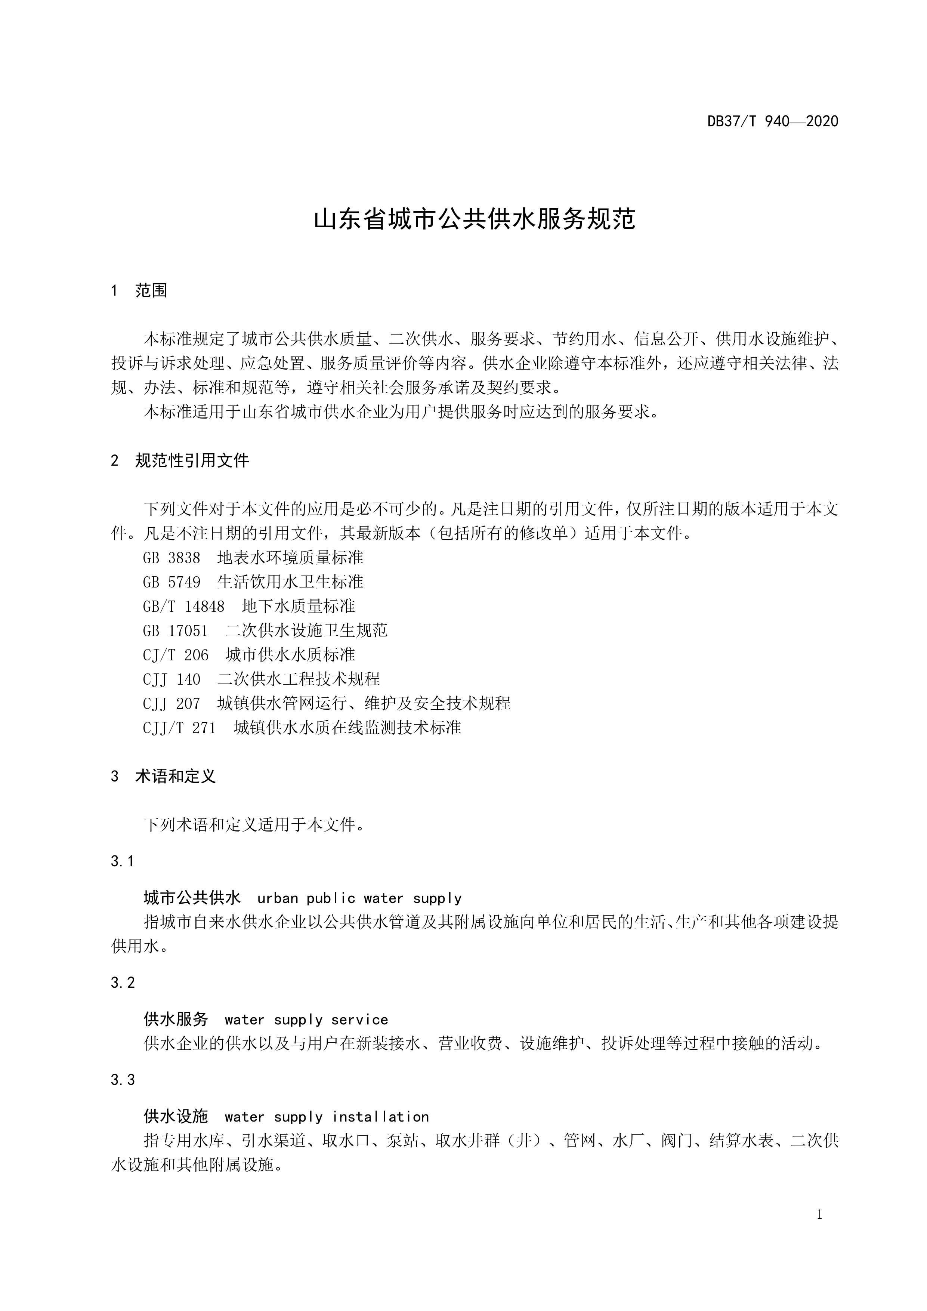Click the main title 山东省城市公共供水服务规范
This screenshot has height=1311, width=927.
click(475, 219)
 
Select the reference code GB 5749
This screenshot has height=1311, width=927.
click(171, 582)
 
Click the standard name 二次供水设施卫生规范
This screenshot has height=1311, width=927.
click(306, 630)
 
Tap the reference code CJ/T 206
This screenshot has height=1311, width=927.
click(175, 655)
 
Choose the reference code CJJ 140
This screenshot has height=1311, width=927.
click(171, 679)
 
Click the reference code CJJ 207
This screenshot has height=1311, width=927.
click(171, 703)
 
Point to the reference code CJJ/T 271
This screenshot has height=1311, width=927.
click(179, 728)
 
